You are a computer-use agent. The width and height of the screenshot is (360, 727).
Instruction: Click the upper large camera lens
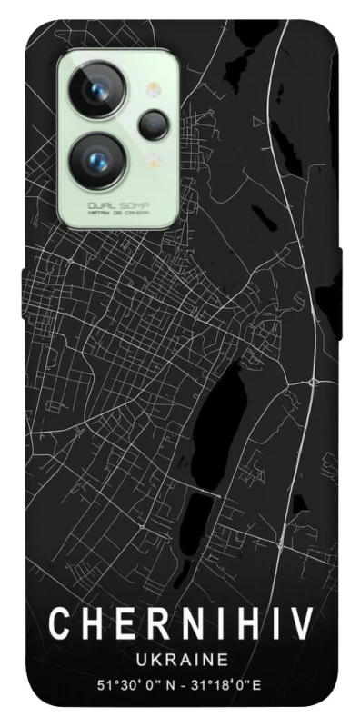98,89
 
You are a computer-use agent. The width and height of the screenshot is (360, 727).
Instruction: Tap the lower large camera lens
98,158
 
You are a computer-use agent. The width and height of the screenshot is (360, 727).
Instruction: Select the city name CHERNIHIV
180,625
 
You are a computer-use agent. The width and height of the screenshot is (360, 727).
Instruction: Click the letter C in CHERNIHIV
61,625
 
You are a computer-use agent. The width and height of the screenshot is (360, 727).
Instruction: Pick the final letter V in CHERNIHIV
300,625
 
